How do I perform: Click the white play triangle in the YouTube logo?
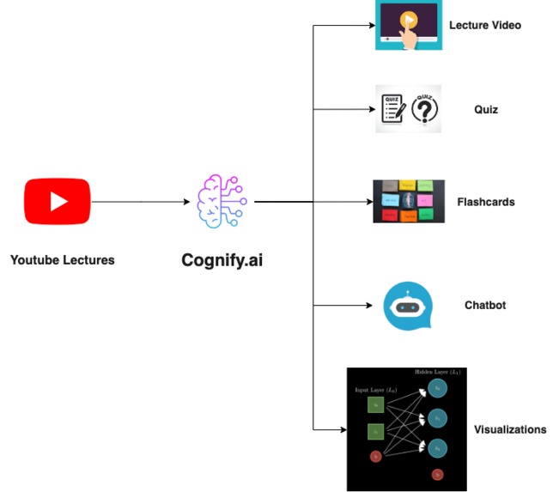(x=58, y=202)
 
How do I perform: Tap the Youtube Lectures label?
(x=62, y=259)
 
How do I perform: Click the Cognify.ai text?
(x=222, y=258)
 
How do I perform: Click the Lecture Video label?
(x=484, y=26)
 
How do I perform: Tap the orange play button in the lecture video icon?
(x=410, y=19)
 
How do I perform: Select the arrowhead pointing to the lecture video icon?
(x=369, y=26)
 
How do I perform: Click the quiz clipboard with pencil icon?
(x=393, y=109)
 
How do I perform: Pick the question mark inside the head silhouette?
(x=425, y=110)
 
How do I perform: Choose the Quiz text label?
(x=486, y=110)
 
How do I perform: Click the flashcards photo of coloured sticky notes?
(x=409, y=202)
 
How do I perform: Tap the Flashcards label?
(x=486, y=203)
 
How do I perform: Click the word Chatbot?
(x=485, y=306)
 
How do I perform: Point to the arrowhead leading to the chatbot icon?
(x=369, y=306)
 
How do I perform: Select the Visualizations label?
(x=510, y=429)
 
